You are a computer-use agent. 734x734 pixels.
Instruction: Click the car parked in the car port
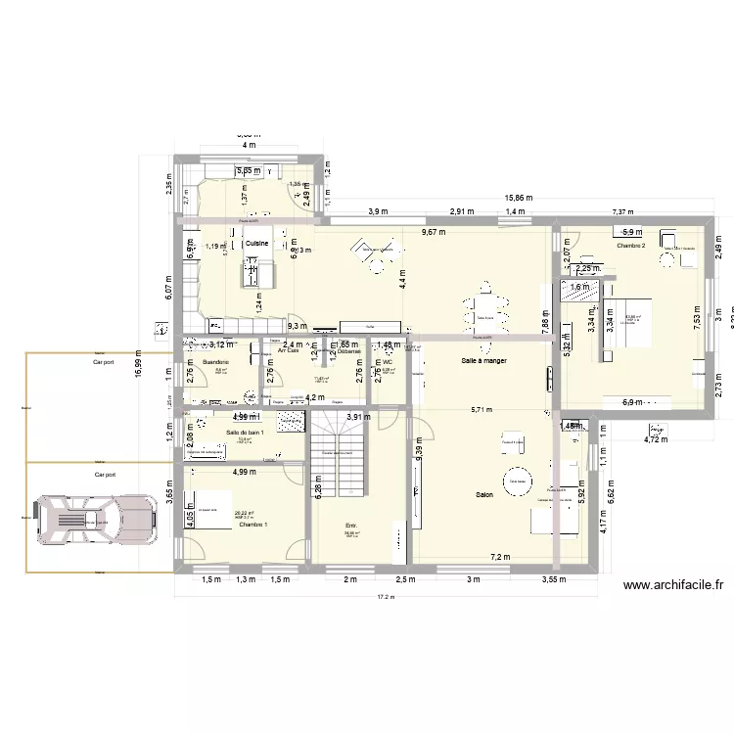pos(96,519)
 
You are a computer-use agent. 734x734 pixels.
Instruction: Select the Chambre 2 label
pos(631,246)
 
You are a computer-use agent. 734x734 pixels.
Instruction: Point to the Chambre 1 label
pos(252,526)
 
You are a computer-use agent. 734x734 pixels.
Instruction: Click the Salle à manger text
pos(483,361)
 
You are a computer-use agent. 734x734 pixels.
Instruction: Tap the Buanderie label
pos(215,362)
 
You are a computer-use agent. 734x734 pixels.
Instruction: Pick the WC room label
pos(389,362)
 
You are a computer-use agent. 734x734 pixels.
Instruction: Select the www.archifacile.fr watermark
pos(673,585)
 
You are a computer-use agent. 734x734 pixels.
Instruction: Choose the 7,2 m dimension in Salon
pos(500,557)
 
